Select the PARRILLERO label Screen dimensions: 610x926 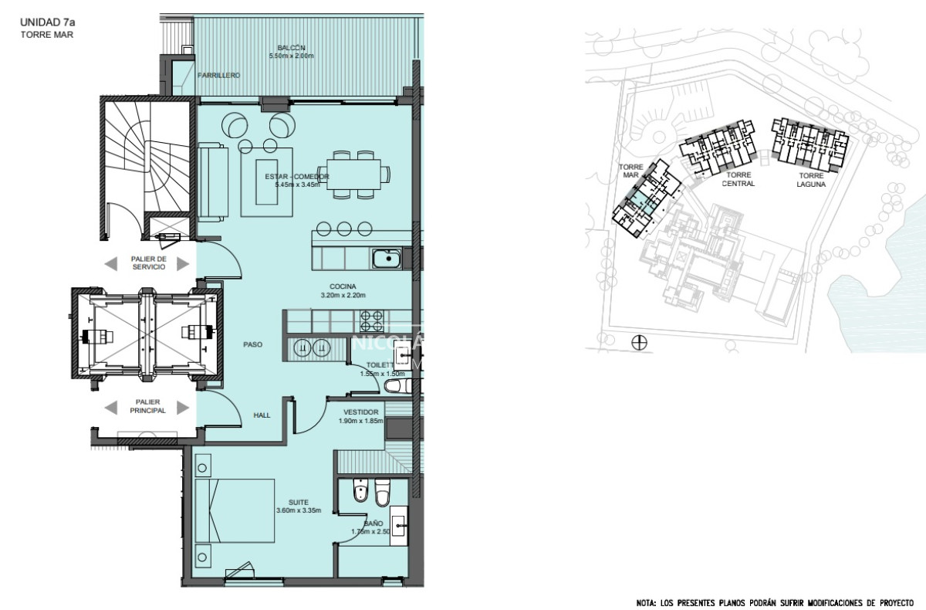(x=218, y=76)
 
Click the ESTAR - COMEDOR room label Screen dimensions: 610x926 (x=297, y=177)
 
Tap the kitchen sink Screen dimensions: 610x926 (x=385, y=258)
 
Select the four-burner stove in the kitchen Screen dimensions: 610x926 (x=370, y=319)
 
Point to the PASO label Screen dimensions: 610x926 (x=252, y=345)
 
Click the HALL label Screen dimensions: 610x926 (x=262, y=415)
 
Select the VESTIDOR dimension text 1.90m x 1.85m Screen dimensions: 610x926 (x=361, y=422)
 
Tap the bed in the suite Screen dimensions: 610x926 (x=235, y=511)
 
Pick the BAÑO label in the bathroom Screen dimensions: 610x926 (x=373, y=522)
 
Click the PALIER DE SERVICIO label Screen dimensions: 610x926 (x=148, y=263)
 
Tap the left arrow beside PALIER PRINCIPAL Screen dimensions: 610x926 (x=113, y=406)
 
